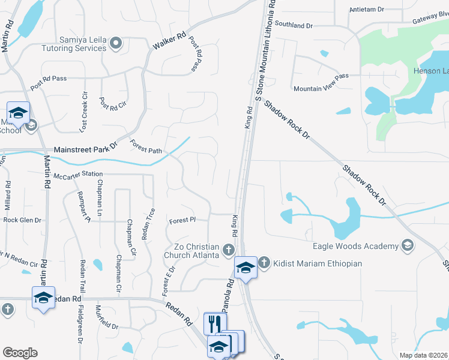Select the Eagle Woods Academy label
[x=355, y=246]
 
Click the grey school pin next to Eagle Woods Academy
[x=408, y=245]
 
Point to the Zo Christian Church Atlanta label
[x=193, y=251]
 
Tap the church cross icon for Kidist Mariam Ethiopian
[x=264, y=263]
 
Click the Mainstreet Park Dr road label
[x=83, y=149]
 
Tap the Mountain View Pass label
[x=321, y=88]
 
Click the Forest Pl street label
[x=182, y=220]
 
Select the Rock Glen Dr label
[x=22, y=220]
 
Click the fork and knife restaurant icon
[x=213, y=323]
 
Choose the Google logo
[x=20, y=353]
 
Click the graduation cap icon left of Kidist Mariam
[x=245, y=267]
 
